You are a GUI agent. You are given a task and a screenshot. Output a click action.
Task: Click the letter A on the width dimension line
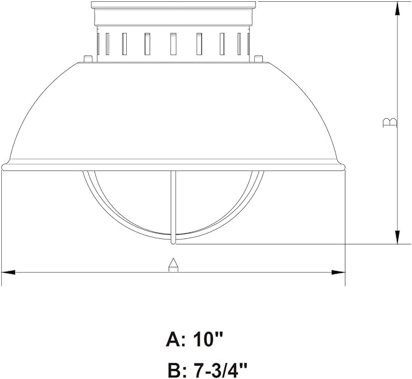pyautogui.click(x=173, y=265)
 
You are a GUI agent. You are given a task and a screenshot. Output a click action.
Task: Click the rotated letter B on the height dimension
pyautogui.click(x=390, y=123)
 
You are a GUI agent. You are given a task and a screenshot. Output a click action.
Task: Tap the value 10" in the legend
pyautogui.click(x=208, y=339)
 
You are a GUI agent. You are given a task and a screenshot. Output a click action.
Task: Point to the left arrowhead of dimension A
pyautogui.click(x=8, y=272)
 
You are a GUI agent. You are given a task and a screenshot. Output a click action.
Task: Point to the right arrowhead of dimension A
pyautogui.click(x=338, y=272)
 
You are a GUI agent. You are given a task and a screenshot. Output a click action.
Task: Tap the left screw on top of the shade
pyautogui.click(x=87, y=59)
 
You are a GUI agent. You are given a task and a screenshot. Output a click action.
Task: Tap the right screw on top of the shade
pyautogui.click(x=259, y=59)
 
